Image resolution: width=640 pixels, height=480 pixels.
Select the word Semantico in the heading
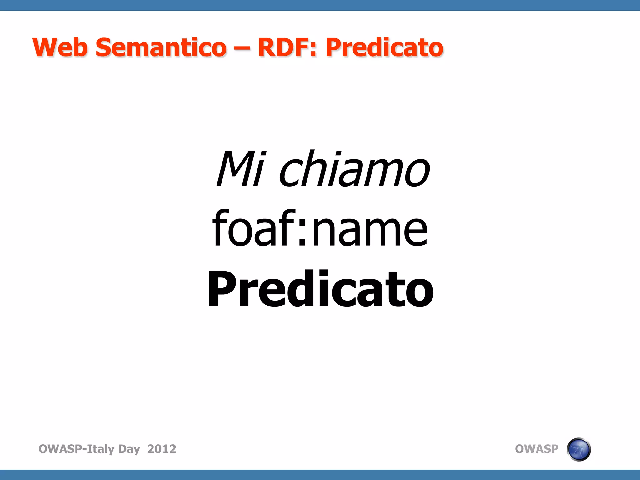[161, 47]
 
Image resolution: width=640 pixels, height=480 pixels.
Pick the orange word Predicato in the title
[384, 48]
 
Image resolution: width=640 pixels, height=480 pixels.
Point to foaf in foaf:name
[253, 228]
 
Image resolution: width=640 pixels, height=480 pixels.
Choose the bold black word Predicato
[320, 289]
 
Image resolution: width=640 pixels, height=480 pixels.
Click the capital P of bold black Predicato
[224, 289]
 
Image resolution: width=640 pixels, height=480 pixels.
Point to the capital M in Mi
[236, 169]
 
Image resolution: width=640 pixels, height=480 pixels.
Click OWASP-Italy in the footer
[76, 449]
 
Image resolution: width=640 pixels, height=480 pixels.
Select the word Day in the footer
[129, 449]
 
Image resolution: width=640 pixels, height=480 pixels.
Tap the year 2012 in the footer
[162, 449]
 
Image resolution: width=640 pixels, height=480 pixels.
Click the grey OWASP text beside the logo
[536, 449]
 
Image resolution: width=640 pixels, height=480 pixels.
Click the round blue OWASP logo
[578, 449]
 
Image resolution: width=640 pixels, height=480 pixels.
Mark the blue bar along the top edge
[320, 5]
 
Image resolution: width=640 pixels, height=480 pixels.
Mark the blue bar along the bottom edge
[320, 475]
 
